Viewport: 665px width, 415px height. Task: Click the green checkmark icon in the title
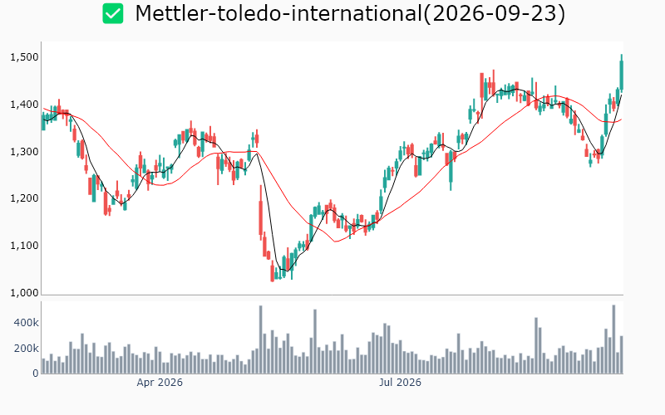[x=113, y=13]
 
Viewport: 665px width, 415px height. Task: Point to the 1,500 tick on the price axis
[x=24, y=57]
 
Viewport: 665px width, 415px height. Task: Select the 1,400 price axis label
[x=24, y=105]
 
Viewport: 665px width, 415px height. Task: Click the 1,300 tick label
[x=24, y=152]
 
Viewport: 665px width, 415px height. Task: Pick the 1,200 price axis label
[x=24, y=198]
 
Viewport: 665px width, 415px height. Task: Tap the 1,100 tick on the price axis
[x=24, y=246]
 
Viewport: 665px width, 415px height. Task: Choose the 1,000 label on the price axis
[x=24, y=293]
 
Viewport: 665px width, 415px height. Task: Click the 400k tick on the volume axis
[x=27, y=323]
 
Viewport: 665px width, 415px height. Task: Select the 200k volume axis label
[x=27, y=349]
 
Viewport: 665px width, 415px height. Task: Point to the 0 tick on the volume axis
[x=36, y=373]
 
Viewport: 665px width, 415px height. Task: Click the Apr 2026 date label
[x=160, y=383]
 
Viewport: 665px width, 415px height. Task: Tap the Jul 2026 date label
[x=400, y=383]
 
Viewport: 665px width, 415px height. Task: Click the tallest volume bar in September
[x=613, y=339]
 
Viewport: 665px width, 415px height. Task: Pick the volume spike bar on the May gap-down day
[x=261, y=339]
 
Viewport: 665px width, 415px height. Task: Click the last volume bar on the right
[x=621, y=355]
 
